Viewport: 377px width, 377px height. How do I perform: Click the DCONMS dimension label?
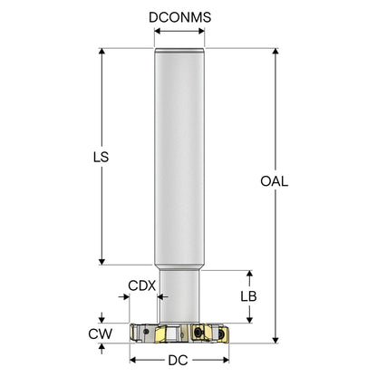[179, 17]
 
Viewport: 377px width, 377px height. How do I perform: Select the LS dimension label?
[101, 157]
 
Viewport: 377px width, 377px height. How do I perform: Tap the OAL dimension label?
[275, 181]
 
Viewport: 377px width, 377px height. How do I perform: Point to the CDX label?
[141, 285]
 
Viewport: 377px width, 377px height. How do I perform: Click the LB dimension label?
[248, 296]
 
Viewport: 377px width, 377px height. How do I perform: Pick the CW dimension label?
[100, 333]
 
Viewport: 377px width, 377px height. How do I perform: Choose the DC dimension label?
[178, 360]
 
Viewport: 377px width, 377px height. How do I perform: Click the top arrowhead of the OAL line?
[275, 51]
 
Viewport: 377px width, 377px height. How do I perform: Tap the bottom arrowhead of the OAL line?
[275, 340]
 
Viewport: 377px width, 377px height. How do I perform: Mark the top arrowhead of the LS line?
[101, 51]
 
